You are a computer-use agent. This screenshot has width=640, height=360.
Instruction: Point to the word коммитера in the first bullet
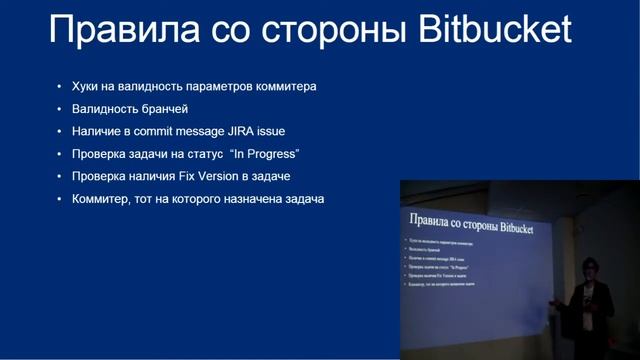point(283,86)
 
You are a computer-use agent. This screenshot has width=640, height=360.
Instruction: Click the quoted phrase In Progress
point(265,154)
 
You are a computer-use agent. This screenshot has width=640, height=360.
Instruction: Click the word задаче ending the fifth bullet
point(269,177)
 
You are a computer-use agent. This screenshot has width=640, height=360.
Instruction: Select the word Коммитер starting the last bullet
point(102,200)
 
